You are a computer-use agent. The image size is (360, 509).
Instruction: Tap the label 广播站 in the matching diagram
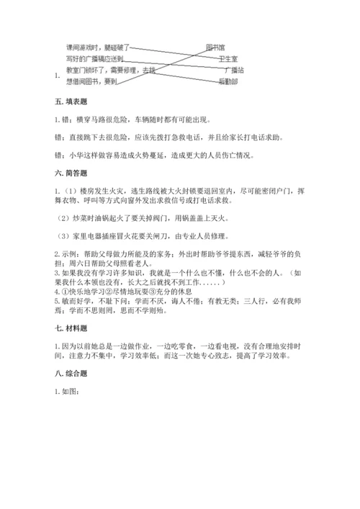tap(235, 70)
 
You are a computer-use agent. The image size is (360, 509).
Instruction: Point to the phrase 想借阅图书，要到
tap(91, 81)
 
